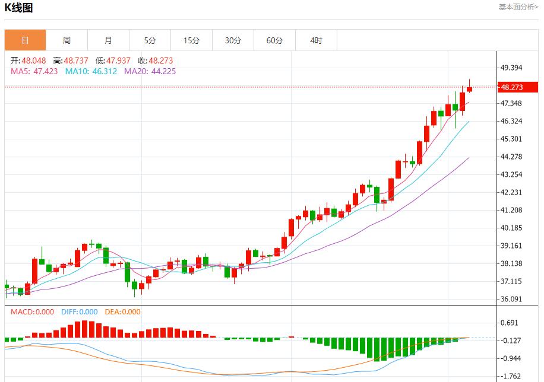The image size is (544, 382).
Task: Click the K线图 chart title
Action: pos(19,8)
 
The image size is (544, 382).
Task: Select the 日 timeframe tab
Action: pos(25,40)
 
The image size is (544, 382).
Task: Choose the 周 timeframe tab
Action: pos(67,40)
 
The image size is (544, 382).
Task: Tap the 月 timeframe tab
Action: pos(108,40)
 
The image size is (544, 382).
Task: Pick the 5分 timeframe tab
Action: pos(150,40)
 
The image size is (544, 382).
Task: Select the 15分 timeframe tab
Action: pos(191,40)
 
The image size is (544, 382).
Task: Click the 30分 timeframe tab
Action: pos(233,40)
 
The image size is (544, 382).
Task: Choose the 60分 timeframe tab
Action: pos(274,40)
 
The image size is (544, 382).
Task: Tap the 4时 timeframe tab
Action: pos(316,40)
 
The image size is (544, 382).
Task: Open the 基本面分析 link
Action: pos(518,7)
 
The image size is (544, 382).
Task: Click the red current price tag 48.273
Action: pos(518,87)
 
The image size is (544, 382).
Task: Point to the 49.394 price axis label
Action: pos(512,68)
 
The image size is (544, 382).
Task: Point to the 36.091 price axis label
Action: pos(512,299)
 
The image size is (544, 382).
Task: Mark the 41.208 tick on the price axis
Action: pos(512,210)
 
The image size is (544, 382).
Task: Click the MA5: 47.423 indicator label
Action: pos(34,71)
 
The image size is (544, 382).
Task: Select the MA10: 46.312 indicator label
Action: pos(91,71)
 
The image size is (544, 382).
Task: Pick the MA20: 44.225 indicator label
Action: pos(150,71)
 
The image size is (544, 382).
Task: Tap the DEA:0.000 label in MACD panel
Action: pos(122,312)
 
